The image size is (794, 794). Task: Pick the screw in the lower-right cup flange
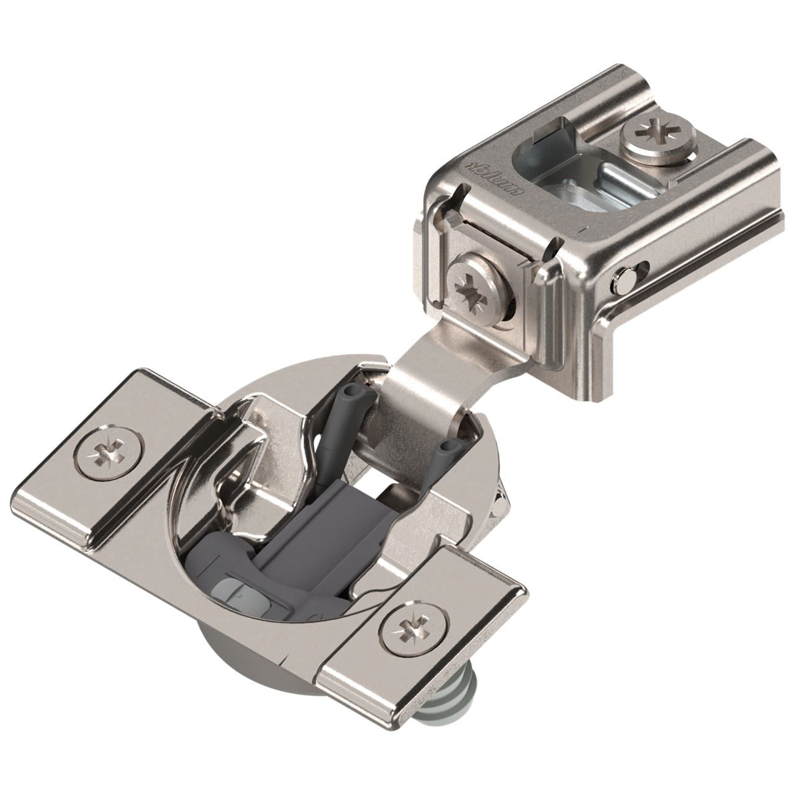coord(412,630)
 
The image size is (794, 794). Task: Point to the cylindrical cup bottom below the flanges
coord(248,670)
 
